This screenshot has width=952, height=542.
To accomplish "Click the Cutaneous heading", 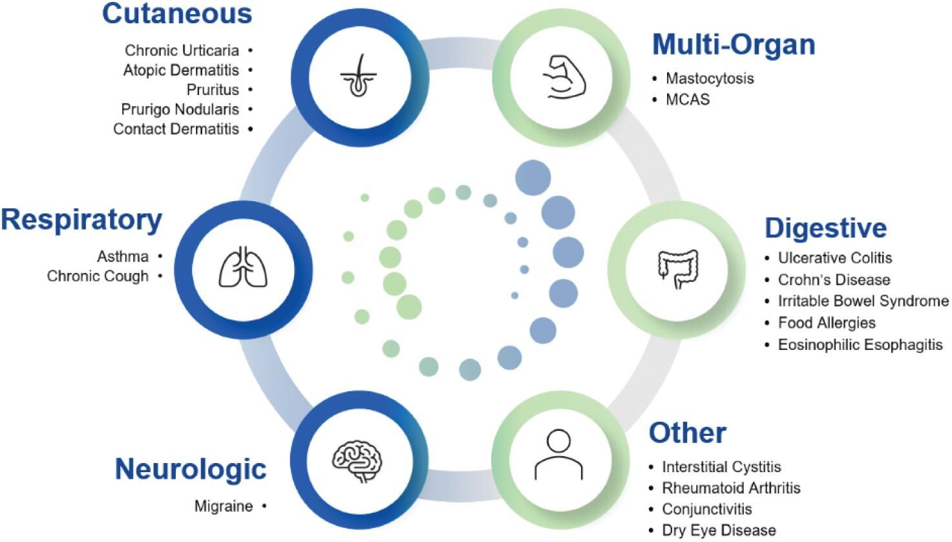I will click(177, 14).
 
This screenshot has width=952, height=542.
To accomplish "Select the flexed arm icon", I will click(562, 77).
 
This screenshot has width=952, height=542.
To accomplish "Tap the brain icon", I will click(357, 461).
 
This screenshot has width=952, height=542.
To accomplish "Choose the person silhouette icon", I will click(559, 455).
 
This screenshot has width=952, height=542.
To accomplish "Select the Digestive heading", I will click(825, 228).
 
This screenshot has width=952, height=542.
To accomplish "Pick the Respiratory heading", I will click(81, 220).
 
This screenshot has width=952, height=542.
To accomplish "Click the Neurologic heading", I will click(191, 469).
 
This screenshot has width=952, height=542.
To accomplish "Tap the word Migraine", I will click(224, 506).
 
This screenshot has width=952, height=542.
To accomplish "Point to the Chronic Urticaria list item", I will click(182, 50).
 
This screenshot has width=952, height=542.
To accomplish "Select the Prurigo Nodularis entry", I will click(180, 109).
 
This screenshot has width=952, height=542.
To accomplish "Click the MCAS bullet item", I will click(688, 100).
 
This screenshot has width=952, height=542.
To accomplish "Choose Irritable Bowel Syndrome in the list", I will click(863, 301).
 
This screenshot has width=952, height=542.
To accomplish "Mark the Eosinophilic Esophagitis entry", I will click(860, 345).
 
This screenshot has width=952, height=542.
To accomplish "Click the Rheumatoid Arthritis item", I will click(731, 488).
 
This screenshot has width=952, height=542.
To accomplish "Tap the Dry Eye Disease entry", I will click(719, 530).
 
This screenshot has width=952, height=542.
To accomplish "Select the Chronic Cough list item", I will click(98, 276).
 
